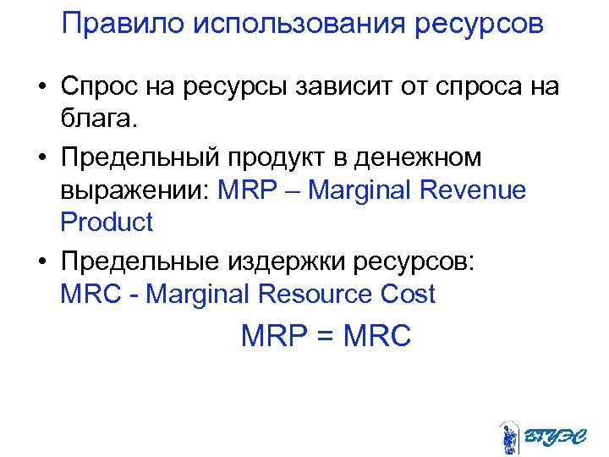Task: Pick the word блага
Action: [x=98, y=119]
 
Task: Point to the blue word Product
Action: [x=107, y=223]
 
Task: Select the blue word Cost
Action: [x=409, y=294]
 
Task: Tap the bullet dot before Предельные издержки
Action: [x=41, y=262]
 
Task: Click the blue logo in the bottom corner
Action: [x=537, y=438]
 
